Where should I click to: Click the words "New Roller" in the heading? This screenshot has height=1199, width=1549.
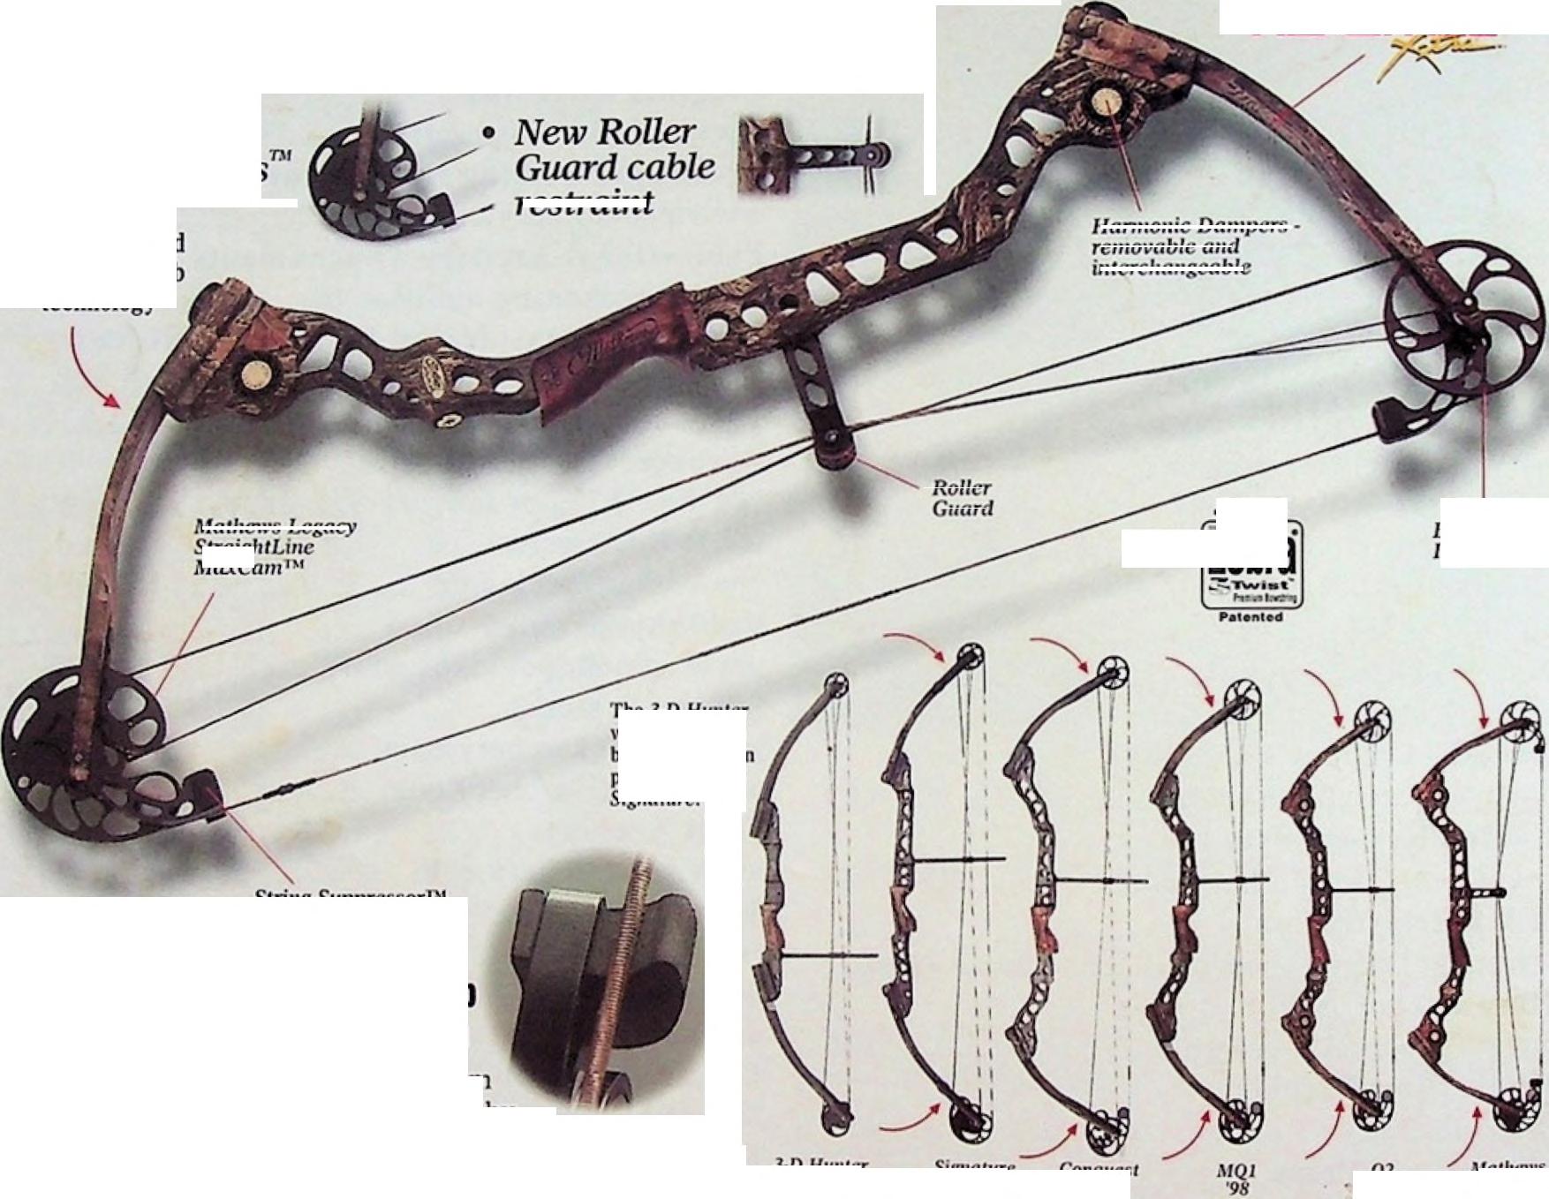point(605,132)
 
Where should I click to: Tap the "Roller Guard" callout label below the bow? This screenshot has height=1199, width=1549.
point(963,498)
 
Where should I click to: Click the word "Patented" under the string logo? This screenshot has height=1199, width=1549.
point(1251,617)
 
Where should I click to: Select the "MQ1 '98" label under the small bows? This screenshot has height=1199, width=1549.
point(1237,1179)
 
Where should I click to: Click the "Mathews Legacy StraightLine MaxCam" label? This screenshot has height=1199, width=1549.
point(274,547)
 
